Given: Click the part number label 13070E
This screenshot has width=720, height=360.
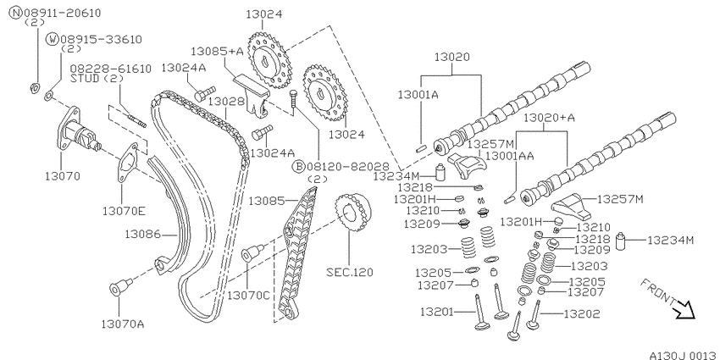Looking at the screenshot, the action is pyautogui.click(x=124, y=211).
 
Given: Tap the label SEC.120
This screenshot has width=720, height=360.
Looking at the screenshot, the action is pyautogui.click(x=350, y=272).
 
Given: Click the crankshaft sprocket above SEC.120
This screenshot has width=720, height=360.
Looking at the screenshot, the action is pyautogui.click(x=352, y=212).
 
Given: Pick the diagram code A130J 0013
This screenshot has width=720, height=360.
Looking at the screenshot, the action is pyautogui.click(x=684, y=355).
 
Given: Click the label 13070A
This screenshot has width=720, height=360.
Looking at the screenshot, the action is pyautogui.click(x=123, y=324).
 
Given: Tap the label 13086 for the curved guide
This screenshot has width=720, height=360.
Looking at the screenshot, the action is pyautogui.click(x=143, y=235).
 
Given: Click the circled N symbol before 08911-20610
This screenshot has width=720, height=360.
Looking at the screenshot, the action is pyautogui.click(x=16, y=13).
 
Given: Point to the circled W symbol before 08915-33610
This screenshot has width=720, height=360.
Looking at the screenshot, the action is pyautogui.click(x=52, y=40).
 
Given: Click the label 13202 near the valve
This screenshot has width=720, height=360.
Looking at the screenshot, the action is pyautogui.click(x=581, y=314).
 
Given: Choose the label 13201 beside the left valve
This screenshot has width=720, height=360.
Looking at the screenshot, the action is pyautogui.click(x=438, y=313).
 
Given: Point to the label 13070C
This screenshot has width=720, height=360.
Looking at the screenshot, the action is pyautogui.click(x=248, y=296).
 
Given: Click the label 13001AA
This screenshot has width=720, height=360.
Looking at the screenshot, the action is pyautogui.click(x=510, y=156).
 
